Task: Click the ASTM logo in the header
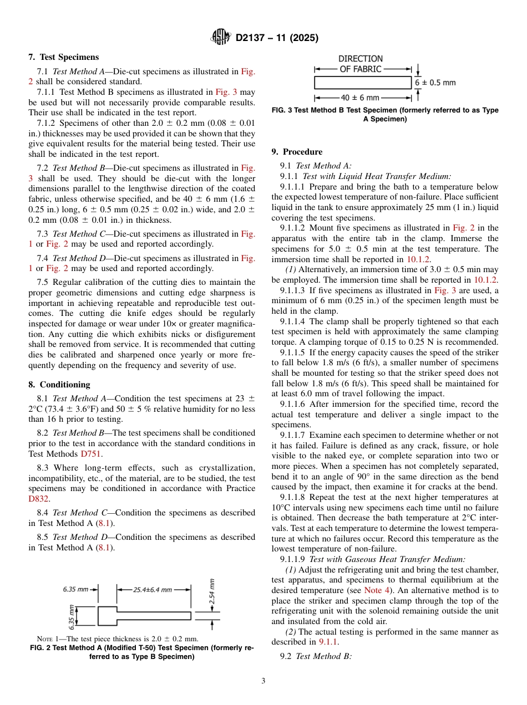pos(221,38)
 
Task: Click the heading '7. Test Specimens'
pos(64,57)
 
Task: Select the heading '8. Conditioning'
pos(59,384)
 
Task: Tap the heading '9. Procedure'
pos(297,151)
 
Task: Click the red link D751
pos(91,454)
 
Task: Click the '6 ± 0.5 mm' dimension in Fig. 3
pos(435,83)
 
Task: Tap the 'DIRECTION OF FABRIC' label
pos(360,64)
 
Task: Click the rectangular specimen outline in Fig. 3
pos(363,83)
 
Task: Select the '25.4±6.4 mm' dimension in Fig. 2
pos(152,590)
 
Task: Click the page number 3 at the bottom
pos(263,681)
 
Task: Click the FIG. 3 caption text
pos(385,115)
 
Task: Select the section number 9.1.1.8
pos(296,497)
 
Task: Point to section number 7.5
pos(42,282)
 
